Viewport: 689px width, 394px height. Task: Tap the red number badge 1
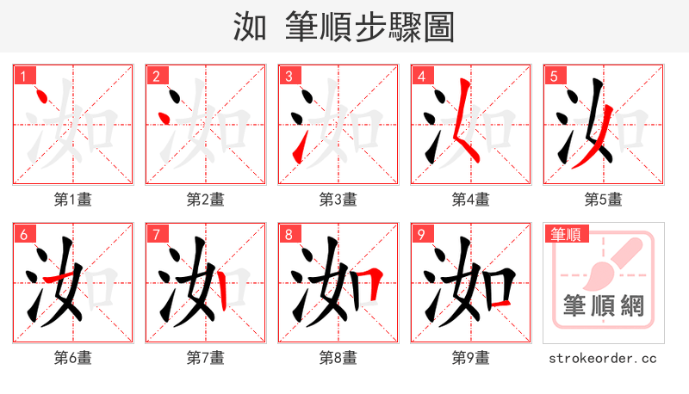click(x=23, y=77)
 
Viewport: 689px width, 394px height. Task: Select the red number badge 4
click(x=421, y=77)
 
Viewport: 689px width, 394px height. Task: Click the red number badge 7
click(x=156, y=235)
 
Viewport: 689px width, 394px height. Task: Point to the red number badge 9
click(x=421, y=235)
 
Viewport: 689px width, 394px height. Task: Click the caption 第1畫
click(x=73, y=200)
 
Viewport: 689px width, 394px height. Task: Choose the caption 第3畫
click(x=338, y=200)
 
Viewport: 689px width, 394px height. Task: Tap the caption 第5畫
click(x=604, y=200)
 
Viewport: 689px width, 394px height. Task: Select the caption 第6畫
click(x=73, y=358)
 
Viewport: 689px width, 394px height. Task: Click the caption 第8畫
click(x=338, y=358)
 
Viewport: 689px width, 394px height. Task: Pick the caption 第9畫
click(x=471, y=358)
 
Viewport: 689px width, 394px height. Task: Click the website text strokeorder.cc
click(x=603, y=358)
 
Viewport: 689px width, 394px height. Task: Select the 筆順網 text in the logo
click(x=604, y=305)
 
